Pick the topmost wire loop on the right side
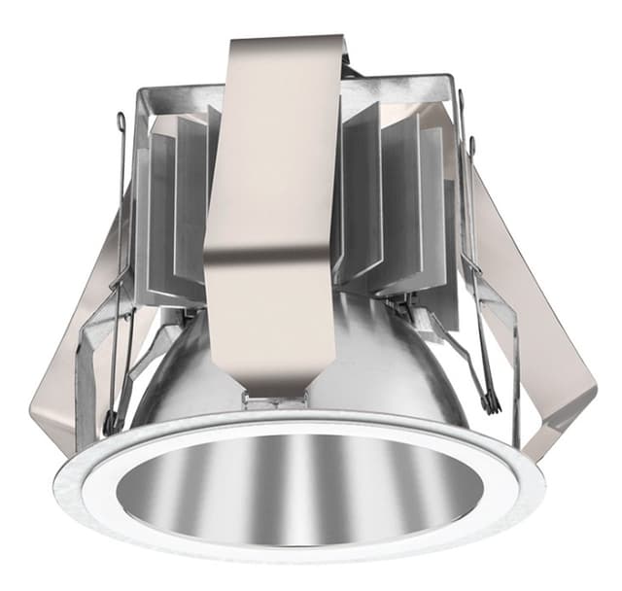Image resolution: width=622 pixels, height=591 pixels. click(x=461, y=97)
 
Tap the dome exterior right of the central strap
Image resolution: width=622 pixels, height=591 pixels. click(x=389, y=360)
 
